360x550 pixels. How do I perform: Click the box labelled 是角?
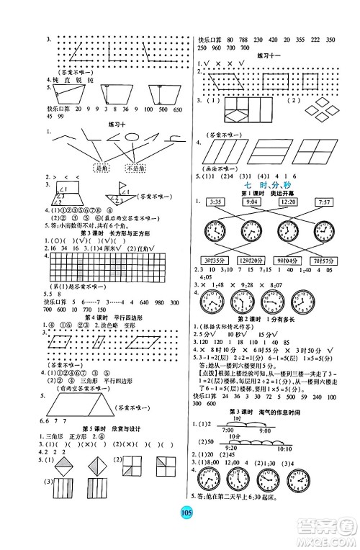84,168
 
